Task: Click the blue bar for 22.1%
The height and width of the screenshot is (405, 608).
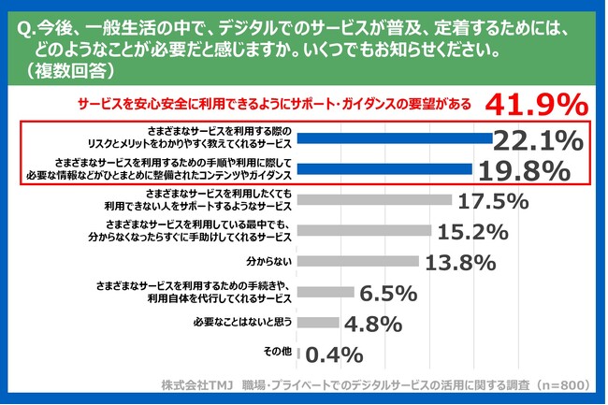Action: click(x=394, y=139)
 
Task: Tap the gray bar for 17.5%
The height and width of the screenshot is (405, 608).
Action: click(x=374, y=200)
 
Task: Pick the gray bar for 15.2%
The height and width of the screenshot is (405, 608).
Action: click(x=364, y=230)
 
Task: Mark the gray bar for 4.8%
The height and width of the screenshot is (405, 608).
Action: click(x=317, y=323)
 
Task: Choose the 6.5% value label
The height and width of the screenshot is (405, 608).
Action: click(x=387, y=293)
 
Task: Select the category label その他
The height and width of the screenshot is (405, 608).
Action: click(x=278, y=353)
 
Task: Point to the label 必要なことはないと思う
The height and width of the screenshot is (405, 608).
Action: click(x=239, y=323)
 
